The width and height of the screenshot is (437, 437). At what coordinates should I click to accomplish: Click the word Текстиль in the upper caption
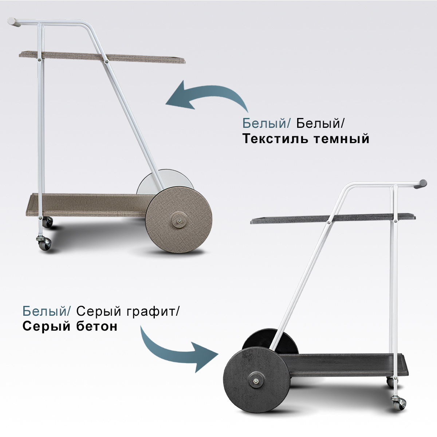275,139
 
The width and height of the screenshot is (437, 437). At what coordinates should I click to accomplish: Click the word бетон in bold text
97,326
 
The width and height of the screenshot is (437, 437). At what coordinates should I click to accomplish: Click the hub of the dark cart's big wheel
256,381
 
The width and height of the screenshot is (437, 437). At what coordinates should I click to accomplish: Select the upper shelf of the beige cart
102,57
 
